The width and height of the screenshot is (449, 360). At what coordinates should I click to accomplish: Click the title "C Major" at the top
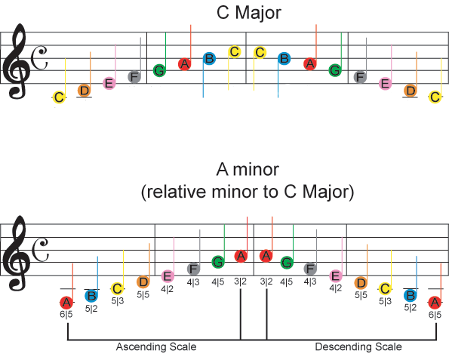pyautogui.click(x=249, y=13)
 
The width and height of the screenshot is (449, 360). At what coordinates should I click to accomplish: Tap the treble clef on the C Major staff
pyautogui.click(x=17, y=61)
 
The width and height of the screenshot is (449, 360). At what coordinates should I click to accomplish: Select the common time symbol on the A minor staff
pyautogui.click(x=40, y=251)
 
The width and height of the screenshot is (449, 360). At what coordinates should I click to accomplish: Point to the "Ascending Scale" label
pyautogui.click(x=156, y=347)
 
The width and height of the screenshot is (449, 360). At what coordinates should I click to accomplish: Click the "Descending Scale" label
pyautogui.click(x=358, y=347)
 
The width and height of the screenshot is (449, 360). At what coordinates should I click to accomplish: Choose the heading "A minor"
pyautogui.click(x=248, y=169)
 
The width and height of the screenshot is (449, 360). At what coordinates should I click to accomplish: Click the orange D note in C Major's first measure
pyautogui.click(x=85, y=91)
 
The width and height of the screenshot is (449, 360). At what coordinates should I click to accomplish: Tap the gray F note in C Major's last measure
pyautogui.click(x=360, y=77)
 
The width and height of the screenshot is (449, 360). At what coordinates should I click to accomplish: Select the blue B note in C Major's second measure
pyautogui.click(x=209, y=59)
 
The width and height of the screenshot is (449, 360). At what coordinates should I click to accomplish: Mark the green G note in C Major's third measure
pyautogui.click(x=335, y=70)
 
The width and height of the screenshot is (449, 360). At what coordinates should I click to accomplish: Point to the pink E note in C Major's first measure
pyautogui.click(x=109, y=83)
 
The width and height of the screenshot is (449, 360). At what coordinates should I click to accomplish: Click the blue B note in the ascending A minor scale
pyautogui.click(x=91, y=296)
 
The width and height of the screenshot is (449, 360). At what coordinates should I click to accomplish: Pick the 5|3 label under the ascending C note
pyautogui.click(x=118, y=301)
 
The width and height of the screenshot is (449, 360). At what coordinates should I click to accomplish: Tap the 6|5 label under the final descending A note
pyautogui.click(x=435, y=315)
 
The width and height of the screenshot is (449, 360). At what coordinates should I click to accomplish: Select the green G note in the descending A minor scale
pyautogui.click(x=286, y=263)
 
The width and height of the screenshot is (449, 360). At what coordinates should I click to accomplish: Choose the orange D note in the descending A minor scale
pyautogui.click(x=361, y=283)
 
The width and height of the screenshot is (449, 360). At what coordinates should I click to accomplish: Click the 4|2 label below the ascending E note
pyautogui.click(x=167, y=289)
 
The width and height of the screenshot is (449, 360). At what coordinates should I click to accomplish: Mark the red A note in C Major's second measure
pyautogui.click(x=185, y=64)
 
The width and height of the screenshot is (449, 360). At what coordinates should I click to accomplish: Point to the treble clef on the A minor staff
pyautogui.click(x=17, y=253)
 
